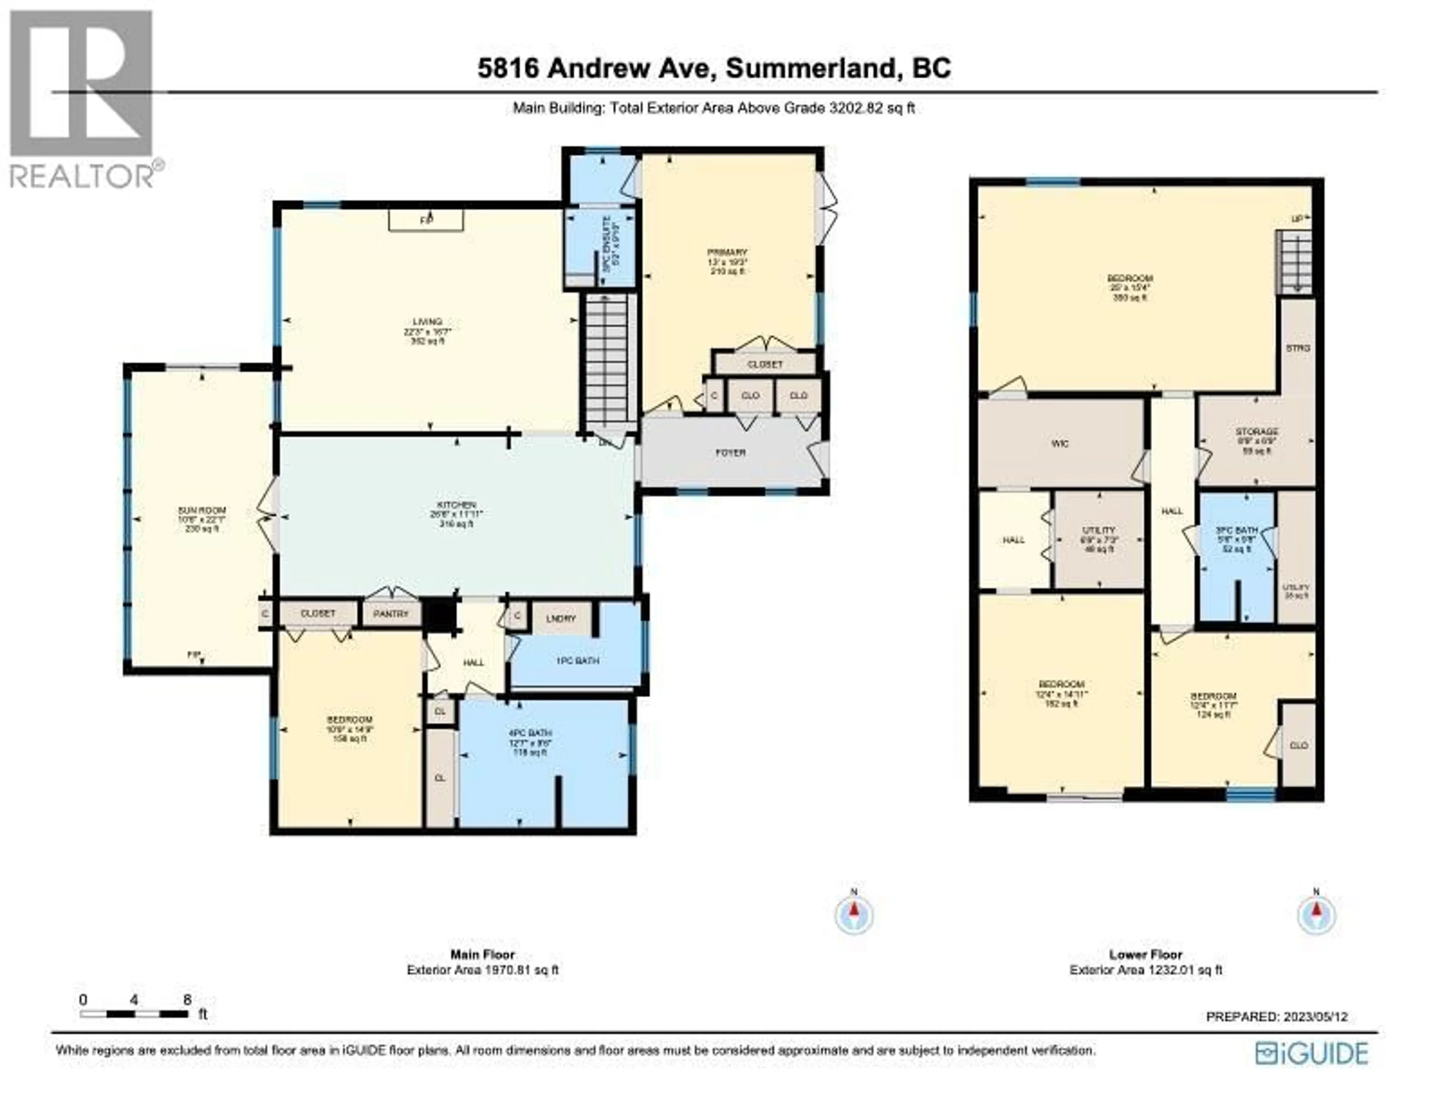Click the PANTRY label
[x=391, y=614]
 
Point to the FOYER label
[x=730, y=452]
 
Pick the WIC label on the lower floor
[x=1060, y=444]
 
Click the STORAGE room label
[x=1256, y=432]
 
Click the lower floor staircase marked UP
[x=1295, y=262]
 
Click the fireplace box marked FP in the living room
[x=426, y=221]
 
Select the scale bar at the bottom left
[x=134, y=1014]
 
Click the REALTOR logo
[x=82, y=98]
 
